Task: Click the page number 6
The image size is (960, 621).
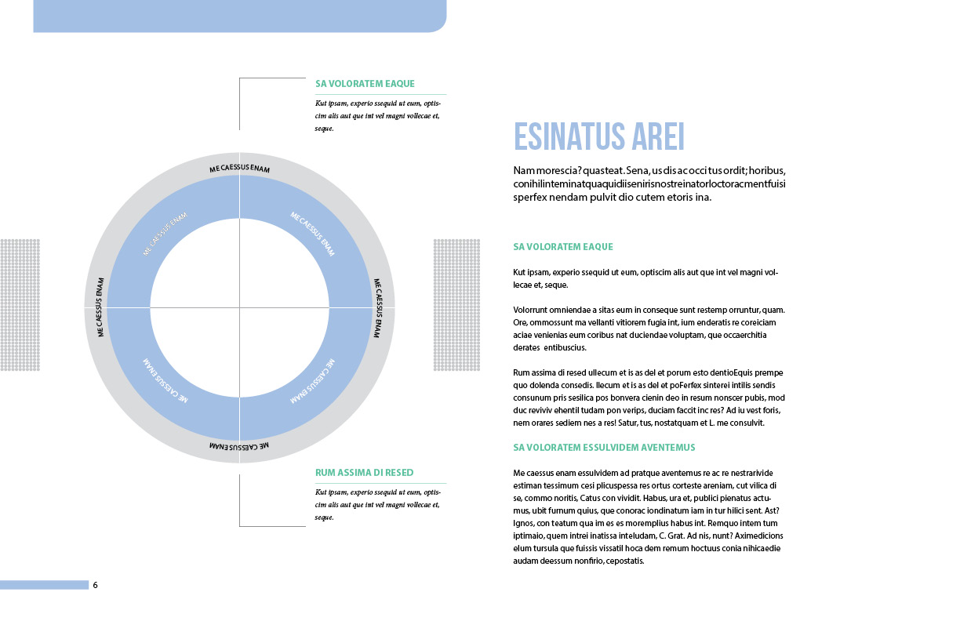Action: [96, 585]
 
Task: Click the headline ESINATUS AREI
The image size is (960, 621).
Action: [599, 136]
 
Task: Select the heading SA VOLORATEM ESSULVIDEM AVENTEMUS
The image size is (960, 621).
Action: [604, 448]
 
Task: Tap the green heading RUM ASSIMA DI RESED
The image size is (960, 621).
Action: [364, 473]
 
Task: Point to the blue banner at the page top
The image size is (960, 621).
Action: [239, 16]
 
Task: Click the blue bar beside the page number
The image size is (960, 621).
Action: [44, 585]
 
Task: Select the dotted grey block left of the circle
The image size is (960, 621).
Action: [20, 304]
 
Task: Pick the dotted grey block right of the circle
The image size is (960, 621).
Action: [456, 304]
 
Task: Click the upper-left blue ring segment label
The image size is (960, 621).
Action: [165, 234]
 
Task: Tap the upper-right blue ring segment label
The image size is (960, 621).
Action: [313, 234]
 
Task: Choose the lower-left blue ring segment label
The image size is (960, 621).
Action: [165, 381]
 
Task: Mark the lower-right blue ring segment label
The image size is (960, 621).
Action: [313, 381]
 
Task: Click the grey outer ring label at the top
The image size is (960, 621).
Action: [239, 169]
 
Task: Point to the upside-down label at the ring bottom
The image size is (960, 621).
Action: [239, 446]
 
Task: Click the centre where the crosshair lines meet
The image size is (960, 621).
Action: [239, 307]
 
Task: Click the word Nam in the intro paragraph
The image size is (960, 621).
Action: [523, 170]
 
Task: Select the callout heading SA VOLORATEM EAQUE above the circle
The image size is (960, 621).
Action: [365, 84]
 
